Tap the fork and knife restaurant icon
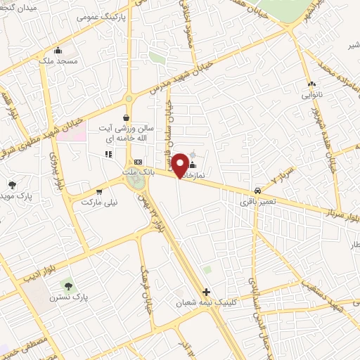click(108, 154)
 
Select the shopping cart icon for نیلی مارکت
click(98, 190)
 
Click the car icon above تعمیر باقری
click(257, 191)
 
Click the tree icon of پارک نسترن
click(69, 286)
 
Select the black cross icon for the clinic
click(206, 292)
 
